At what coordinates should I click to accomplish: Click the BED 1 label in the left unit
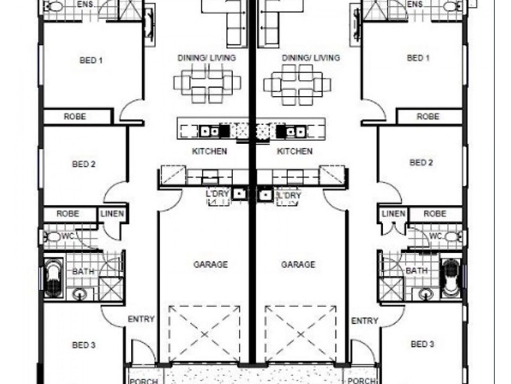click(x=91, y=60)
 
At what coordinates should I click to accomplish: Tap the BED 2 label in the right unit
click(x=421, y=163)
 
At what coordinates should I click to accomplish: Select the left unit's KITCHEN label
click(x=210, y=151)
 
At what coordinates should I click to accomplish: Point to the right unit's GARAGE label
click(x=298, y=264)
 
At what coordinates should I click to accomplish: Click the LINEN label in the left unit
click(x=112, y=214)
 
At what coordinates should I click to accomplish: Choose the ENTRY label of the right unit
click(x=365, y=321)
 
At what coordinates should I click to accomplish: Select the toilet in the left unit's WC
click(x=54, y=236)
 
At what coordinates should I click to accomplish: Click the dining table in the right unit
click(x=297, y=84)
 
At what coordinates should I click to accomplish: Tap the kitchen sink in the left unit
click(x=210, y=131)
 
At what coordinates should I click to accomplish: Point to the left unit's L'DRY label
click(x=217, y=194)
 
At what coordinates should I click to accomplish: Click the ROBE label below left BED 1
click(x=75, y=116)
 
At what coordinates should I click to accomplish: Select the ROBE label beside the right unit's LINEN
click(x=435, y=214)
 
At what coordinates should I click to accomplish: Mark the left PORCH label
click(x=144, y=381)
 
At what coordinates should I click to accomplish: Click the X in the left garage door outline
click(x=204, y=334)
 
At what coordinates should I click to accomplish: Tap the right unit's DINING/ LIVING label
click(x=311, y=58)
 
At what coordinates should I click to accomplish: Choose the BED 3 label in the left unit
click(x=84, y=345)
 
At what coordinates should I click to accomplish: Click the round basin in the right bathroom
click(x=425, y=294)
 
